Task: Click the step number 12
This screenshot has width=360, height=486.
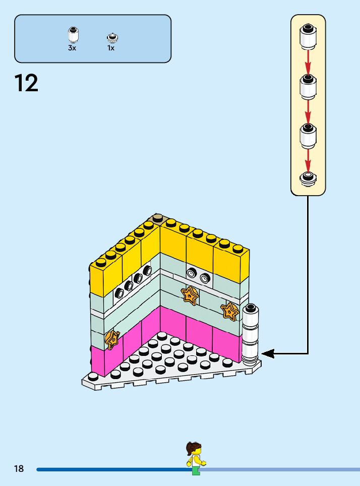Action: (x=26, y=83)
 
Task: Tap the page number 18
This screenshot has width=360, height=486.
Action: (x=19, y=469)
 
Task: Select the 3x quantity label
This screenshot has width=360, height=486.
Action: (x=72, y=48)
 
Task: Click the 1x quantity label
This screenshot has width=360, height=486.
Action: (x=111, y=48)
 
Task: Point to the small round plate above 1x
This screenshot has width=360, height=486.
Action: (x=111, y=37)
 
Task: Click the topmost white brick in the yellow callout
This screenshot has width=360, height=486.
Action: (x=308, y=37)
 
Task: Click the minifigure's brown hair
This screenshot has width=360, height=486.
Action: (x=193, y=448)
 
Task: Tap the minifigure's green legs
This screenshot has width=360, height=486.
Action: (x=196, y=471)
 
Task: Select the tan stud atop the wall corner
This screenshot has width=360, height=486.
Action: (x=158, y=218)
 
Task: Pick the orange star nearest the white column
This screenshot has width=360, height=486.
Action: (x=230, y=311)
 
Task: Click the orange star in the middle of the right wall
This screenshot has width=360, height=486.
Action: (x=190, y=295)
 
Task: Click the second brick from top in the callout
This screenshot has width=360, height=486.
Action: (x=308, y=86)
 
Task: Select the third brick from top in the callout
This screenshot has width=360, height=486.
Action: (x=308, y=135)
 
